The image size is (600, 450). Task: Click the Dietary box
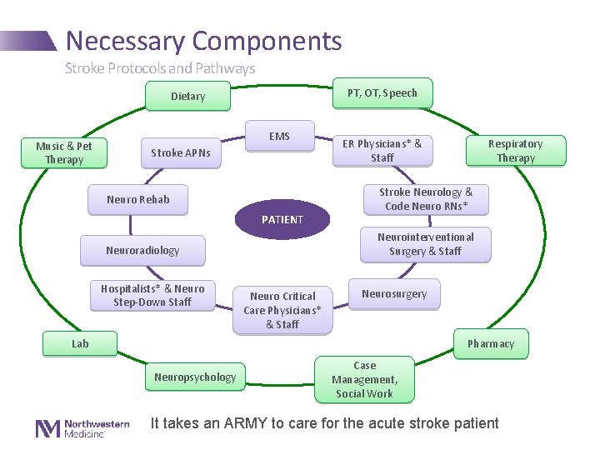coord(187,97)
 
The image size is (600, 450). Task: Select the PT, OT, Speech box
coord(382,93)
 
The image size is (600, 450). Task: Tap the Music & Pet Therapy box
coord(64,152)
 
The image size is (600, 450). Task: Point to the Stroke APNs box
coord(180,153)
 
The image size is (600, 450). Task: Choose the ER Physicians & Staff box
coord(382,151)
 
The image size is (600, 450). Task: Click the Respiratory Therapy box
coord(515,151)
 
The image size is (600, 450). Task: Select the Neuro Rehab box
coord(138,200)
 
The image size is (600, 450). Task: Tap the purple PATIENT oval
coord(282,220)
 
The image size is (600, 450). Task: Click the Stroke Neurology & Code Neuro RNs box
coord(426,199)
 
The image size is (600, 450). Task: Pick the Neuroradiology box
coord(142,250)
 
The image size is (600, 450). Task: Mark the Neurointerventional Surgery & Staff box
coord(425,244)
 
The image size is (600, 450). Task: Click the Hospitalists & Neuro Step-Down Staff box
coord(152,296)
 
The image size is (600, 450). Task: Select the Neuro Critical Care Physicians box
coord(282,310)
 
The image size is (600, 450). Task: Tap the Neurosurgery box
coord(394,294)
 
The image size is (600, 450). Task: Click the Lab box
coord(80,343)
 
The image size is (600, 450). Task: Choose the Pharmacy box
coord(491,344)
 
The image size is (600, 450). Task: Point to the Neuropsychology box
coord(195,377)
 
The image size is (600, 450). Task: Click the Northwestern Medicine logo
coord(82,428)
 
